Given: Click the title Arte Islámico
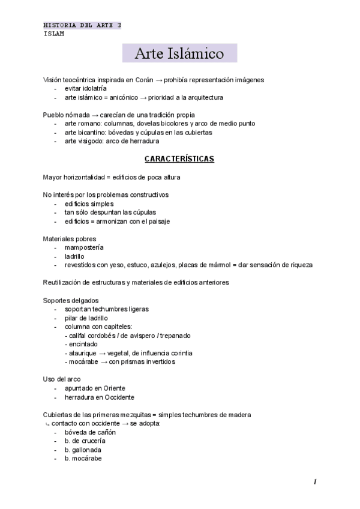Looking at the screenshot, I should point(179,53).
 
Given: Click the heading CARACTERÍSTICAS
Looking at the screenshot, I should point(179,159).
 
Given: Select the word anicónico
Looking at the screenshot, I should point(123,97).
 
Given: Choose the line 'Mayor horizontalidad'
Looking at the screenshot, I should point(112,177).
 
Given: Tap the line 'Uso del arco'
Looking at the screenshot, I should point(62,379).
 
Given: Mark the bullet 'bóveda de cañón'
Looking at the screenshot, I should point(90,432).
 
